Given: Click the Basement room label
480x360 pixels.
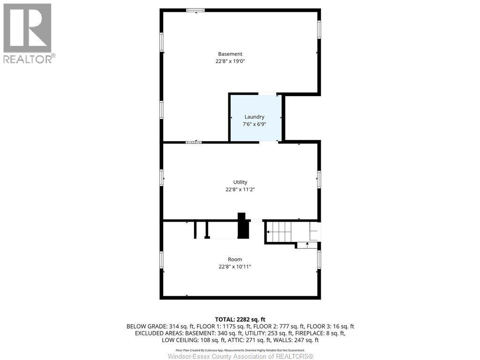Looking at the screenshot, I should pyautogui.click(x=230, y=54).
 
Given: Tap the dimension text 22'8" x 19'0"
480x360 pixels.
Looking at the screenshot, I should pyautogui.click(x=230, y=61).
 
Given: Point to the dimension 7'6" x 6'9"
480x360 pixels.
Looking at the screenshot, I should pyautogui.click(x=255, y=124).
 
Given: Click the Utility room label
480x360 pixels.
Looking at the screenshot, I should pyautogui.click(x=240, y=182).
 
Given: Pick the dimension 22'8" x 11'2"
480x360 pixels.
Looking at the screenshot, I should pyautogui.click(x=240, y=189).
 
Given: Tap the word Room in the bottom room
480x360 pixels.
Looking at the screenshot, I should pyautogui.click(x=235, y=259).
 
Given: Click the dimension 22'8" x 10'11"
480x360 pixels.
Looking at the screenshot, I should pyautogui.click(x=235, y=267).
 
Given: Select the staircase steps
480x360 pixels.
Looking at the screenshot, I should pyautogui.click(x=280, y=230).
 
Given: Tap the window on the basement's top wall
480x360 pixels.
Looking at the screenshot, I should pyautogui.click(x=195, y=10).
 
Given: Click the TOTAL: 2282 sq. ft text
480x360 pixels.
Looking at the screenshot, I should pyautogui.click(x=240, y=319).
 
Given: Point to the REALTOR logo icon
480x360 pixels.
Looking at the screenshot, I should pyautogui.click(x=27, y=28).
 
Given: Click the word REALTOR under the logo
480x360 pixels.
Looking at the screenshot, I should pyautogui.click(x=27, y=59).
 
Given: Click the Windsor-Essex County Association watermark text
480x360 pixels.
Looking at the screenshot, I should pyautogui.click(x=240, y=356).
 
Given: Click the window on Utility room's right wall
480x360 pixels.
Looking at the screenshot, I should pyautogui.click(x=319, y=179).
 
